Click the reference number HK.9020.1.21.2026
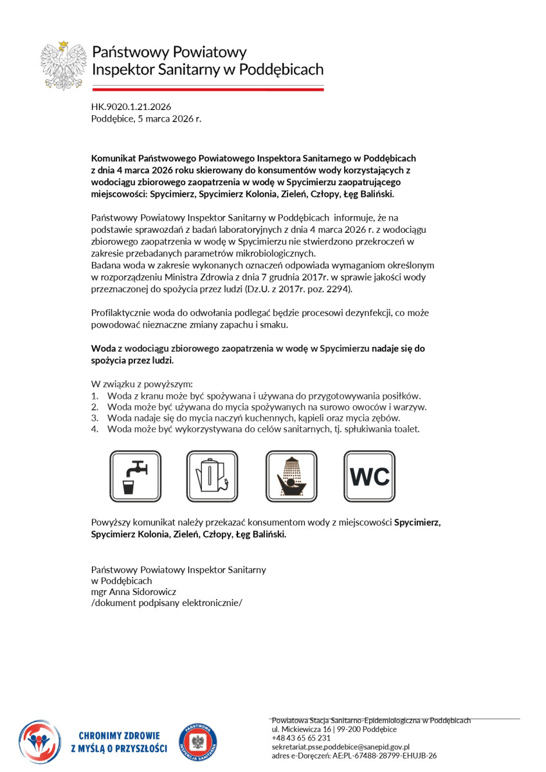click(131, 107)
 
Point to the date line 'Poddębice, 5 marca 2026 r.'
click(147, 119)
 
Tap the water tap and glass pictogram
click(135, 477)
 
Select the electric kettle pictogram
click(212, 477)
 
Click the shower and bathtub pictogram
click(291, 477)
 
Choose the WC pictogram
click(369, 477)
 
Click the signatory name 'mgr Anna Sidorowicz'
click(134, 591)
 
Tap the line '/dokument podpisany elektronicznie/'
click(167, 603)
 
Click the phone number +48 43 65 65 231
click(301, 738)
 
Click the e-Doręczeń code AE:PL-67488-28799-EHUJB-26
click(381, 756)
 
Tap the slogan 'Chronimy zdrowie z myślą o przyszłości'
click(119, 742)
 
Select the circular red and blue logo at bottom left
click(39, 741)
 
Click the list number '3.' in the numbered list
click(95, 418)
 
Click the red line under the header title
click(208, 89)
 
